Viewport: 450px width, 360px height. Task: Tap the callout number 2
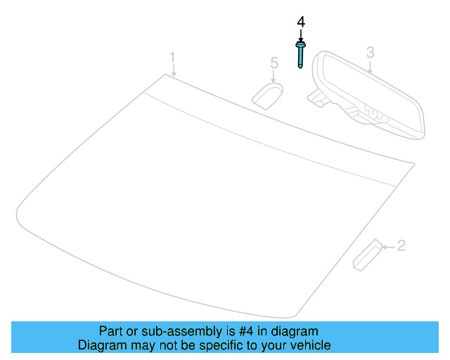(x=401, y=245)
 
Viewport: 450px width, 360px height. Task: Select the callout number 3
(x=371, y=52)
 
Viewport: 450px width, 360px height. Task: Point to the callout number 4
(x=301, y=22)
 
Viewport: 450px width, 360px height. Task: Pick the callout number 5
(x=274, y=63)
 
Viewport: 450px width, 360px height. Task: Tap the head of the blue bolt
(x=301, y=46)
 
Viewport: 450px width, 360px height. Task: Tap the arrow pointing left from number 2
(x=387, y=246)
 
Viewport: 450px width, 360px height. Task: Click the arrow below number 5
(x=274, y=76)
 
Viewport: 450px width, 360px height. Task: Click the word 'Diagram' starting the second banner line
(x=100, y=345)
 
